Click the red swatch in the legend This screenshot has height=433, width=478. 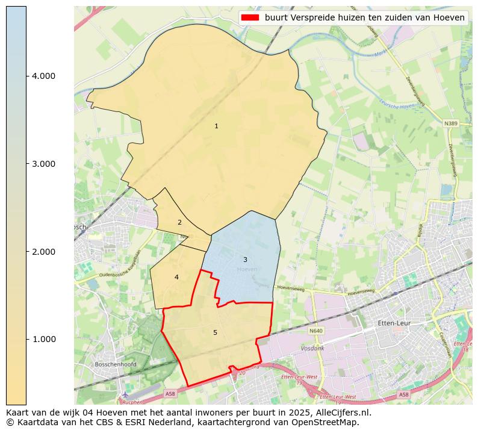click(x=250, y=17)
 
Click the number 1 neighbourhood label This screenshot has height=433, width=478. click(x=216, y=126)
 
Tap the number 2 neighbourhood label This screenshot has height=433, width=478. click(x=179, y=222)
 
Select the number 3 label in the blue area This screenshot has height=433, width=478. click(x=245, y=260)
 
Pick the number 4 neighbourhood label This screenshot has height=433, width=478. click(x=176, y=277)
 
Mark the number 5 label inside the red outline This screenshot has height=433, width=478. click(x=215, y=332)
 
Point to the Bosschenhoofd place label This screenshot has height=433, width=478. click(x=116, y=364)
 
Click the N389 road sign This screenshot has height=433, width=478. click(x=450, y=123)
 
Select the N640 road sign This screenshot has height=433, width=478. click(x=316, y=331)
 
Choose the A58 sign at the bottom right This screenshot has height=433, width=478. click(x=403, y=395)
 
